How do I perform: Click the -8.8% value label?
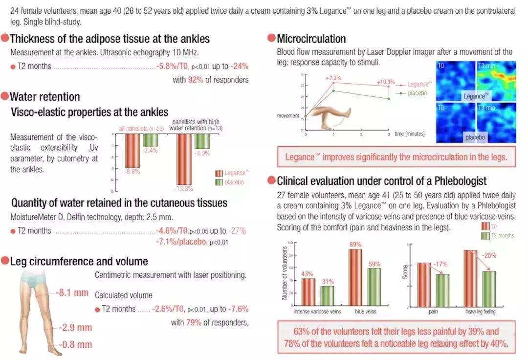[132, 172]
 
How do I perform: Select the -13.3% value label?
[184, 189]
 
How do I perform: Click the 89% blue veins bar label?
[355, 245]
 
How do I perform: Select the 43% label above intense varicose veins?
[308, 273]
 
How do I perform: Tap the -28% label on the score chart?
[490, 255]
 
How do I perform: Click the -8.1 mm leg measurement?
[72, 293]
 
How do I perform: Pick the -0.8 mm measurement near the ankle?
[75, 345]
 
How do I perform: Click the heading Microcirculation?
[311, 39]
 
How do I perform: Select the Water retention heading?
[44, 96]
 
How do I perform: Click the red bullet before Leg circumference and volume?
[5, 262]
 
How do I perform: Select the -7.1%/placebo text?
[181, 242]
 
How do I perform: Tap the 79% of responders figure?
[192, 322]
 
